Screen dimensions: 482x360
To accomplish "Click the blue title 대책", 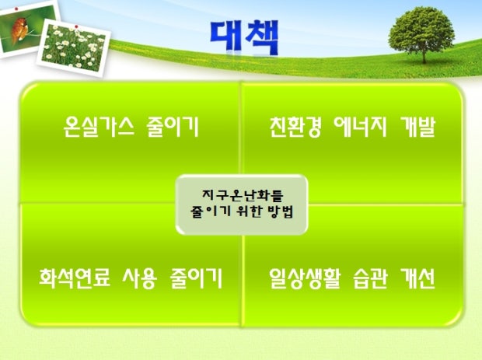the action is click(x=245, y=37).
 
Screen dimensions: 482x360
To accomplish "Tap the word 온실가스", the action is click(x=99, y=127).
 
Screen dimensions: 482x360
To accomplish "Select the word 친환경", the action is click(x=295, y=127).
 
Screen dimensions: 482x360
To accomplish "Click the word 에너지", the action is click(x=360, y=127).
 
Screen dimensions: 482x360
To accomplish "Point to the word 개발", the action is click(x=417, y=127).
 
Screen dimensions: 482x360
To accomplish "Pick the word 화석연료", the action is click(x=75, y=278).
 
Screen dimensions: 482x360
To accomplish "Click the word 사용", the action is click(x=140, y=278).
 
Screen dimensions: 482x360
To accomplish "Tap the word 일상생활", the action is click(x=305, y=278).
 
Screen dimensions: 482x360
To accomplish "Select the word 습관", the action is click(x=370, y=278).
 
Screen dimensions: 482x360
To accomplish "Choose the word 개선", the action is click(x=417, y=278).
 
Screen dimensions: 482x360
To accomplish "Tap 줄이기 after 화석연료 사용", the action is click(x=196, y=278).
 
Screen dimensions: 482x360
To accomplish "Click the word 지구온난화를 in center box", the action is click(x=243, y=195).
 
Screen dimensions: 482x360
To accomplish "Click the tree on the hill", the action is click(x=421, y=34).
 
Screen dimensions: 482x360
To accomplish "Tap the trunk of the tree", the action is click(x=424, y=56).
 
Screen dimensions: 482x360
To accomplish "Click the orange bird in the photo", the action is click(x=20, y=30).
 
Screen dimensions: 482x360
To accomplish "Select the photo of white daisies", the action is click(x=74, y=47).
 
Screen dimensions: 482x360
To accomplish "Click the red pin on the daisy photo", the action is click(x=76, y=26).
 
